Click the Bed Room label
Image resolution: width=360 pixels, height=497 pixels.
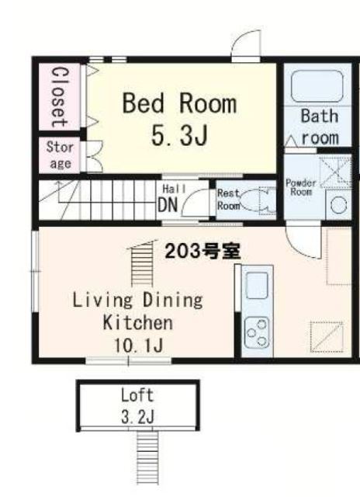[x=179, y=103]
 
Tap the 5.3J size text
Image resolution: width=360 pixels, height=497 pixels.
[x=179, y=137]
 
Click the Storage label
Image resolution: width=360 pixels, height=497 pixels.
[x=59, y=155]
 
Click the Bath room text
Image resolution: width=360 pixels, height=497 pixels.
[x=320, y=127]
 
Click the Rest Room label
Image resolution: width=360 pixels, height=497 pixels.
[x=227, y=200]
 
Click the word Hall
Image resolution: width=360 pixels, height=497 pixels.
[x=171, y=189]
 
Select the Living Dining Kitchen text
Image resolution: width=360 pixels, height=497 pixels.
[x=137, y=311]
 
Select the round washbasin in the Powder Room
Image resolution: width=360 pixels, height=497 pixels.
[x=338, y=205]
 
